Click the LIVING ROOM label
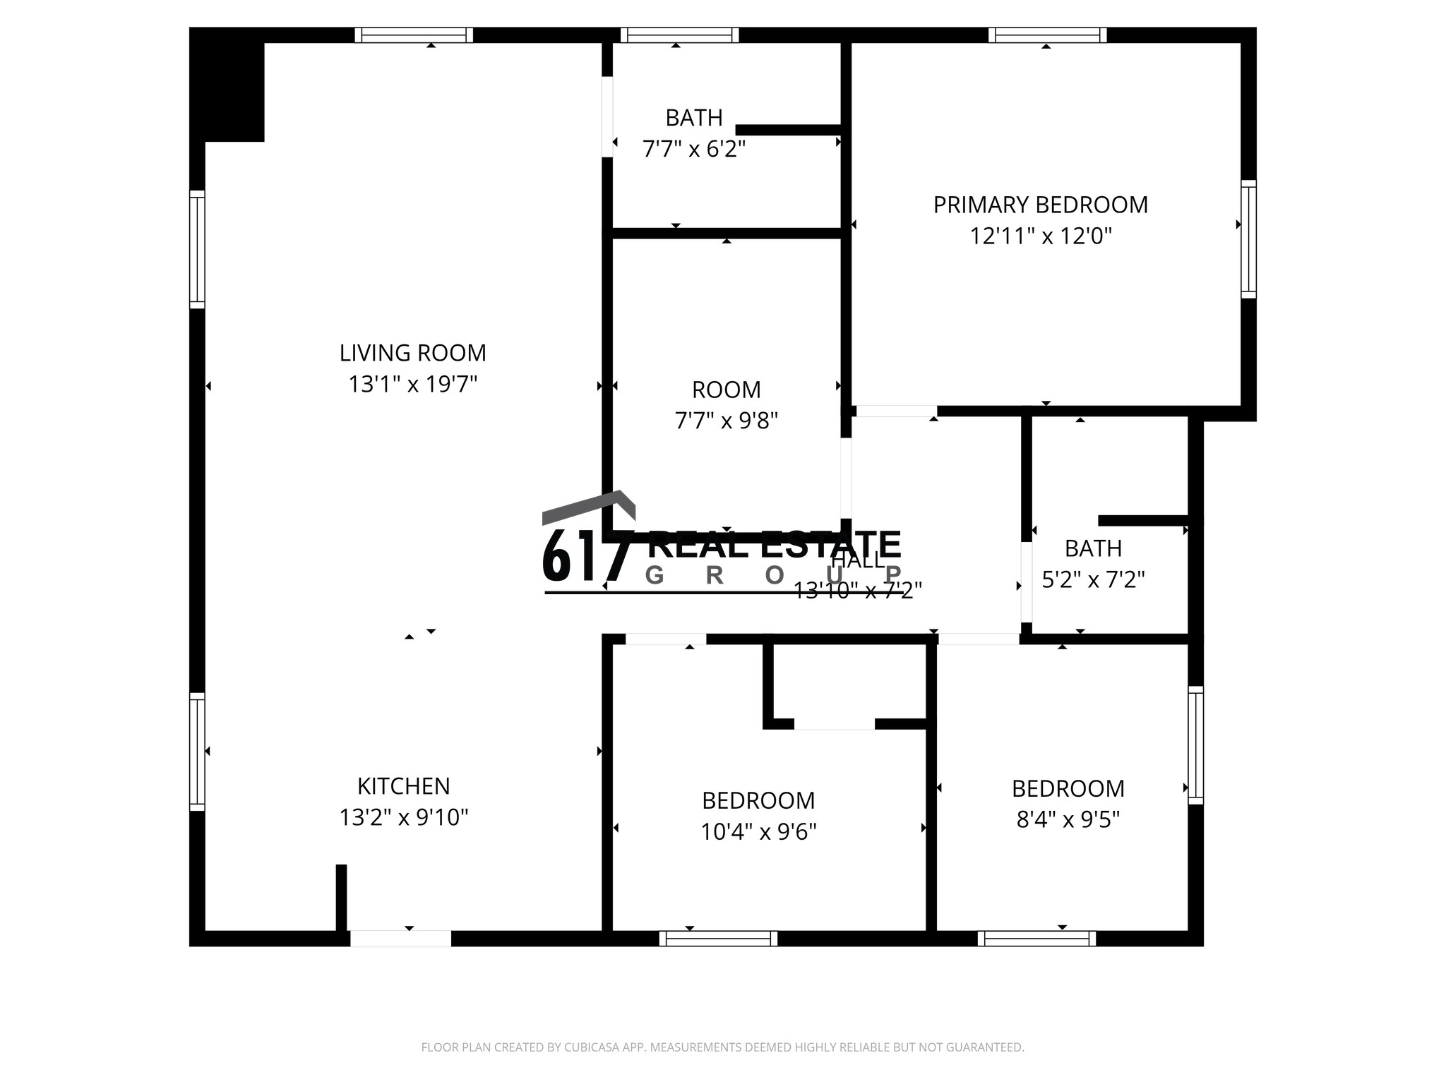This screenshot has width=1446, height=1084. click(x=412, y=353)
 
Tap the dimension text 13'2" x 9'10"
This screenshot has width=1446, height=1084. click(x=404, y=817)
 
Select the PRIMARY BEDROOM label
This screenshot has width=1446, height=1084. click(x=1040, y=205)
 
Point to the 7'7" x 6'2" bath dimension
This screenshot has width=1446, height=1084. click(x=693, y=149)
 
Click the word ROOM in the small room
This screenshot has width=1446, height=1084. click(x=726, y=390)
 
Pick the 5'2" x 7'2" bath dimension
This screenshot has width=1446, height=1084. click(x=1093, y=579)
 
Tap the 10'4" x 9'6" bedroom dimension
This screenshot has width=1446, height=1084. click(x=758, y=832)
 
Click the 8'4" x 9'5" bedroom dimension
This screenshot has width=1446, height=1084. click(x=1068, y=819)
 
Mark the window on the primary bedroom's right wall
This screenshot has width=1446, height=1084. click(x=1248, y=239)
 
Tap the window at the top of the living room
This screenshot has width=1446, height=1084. click(x=414, y=35)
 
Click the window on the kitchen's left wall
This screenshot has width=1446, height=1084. click(x=197, y=751)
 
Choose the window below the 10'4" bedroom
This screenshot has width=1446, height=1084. click(x=718, y=938)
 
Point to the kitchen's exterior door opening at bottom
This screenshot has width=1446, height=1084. click(x=400, y=938)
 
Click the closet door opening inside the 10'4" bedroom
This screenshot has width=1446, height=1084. click(x=834, y=724)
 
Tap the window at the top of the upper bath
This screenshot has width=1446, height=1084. click(x=679, y=35)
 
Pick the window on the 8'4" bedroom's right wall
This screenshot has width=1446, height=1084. click(x=1195, y=745)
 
